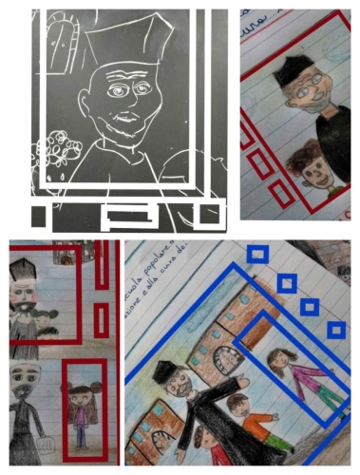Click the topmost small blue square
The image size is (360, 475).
(x=256, y=254)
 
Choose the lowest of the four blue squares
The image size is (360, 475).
(x=335, y=330)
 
